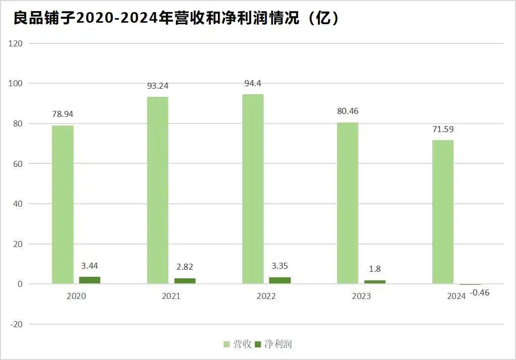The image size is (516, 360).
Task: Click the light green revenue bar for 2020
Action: coord(62,204)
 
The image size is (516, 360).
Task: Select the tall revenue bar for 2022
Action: coord(252,189)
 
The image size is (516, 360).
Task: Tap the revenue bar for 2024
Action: coord(442,212)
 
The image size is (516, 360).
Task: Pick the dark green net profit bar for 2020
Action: coord(90,280)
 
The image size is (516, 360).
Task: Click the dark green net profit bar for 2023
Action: coord(375,282)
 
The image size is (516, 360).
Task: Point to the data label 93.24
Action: coord(158,86)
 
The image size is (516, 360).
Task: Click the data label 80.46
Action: coord(348,111)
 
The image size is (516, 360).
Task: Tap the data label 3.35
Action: coord(279,266)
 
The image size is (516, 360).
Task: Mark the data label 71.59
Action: coord(443,129)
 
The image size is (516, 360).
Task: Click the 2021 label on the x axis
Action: coord(171,296)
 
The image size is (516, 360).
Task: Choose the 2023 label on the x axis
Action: coord(361,296)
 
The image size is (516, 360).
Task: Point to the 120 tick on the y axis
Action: coord(16,43)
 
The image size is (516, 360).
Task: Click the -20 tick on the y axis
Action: coord(16,324)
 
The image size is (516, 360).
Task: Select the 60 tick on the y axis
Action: coord(18,164)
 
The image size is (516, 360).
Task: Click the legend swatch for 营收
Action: coord(227,344)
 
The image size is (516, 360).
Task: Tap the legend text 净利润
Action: coord(278,344)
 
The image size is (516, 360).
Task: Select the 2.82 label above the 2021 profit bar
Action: coord(184,267)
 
